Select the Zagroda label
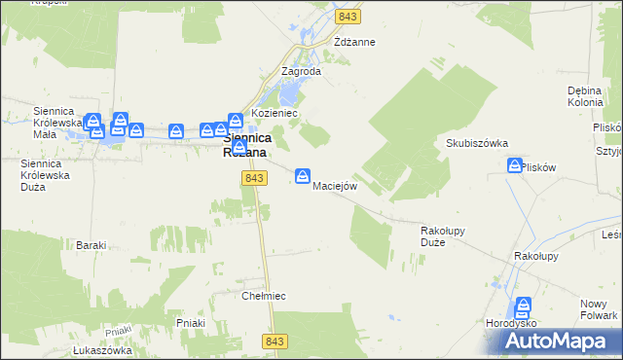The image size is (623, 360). [x=301, y=71]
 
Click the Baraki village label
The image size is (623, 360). [x=91, y=245]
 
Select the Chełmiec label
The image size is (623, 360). [x=261, y=295]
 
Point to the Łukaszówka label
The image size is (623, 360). [x=102, y=350]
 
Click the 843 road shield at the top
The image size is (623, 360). [x=347, y=17]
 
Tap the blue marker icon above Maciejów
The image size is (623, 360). [x=303, y=175]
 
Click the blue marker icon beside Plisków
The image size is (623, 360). [x=514, y=166]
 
